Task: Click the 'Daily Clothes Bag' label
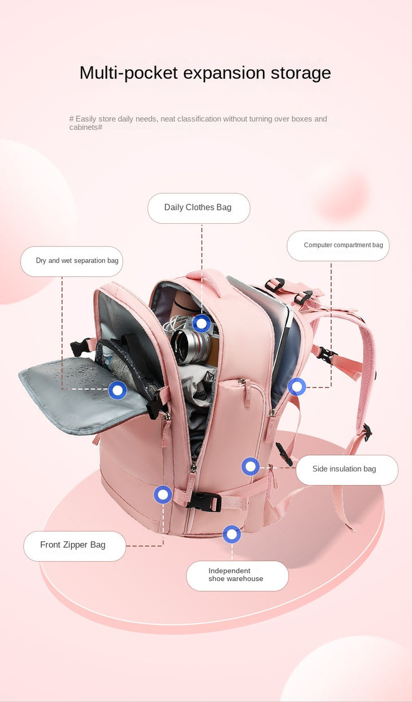198,208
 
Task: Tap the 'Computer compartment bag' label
343,245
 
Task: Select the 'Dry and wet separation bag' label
77,261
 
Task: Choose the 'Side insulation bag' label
344,469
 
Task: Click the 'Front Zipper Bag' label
73,545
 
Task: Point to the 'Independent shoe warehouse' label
236,574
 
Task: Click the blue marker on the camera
201,323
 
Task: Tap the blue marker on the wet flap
117,390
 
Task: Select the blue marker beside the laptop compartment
296,387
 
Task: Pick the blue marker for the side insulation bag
250,466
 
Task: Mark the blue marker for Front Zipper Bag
163,494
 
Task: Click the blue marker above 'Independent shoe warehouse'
232,534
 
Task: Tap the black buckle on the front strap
204,501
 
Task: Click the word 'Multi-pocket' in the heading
129,73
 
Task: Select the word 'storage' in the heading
300,73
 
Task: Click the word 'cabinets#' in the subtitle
86,127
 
